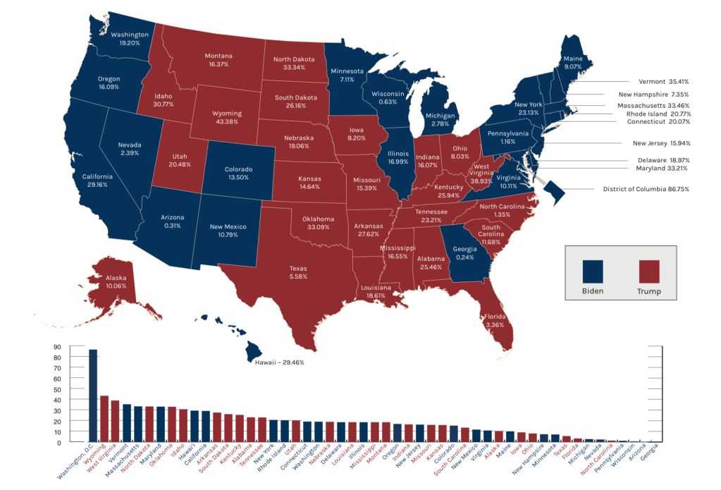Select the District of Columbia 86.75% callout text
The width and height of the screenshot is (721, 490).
pos(646,189)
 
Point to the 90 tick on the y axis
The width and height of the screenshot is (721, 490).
pos(56,347)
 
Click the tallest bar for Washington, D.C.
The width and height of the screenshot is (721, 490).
pos(92,396)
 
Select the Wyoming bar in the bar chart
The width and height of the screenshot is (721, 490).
pos(104,419)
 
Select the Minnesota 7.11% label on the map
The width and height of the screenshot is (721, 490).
pos(347,75)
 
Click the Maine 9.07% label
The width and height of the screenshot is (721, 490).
pos(572,63)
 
